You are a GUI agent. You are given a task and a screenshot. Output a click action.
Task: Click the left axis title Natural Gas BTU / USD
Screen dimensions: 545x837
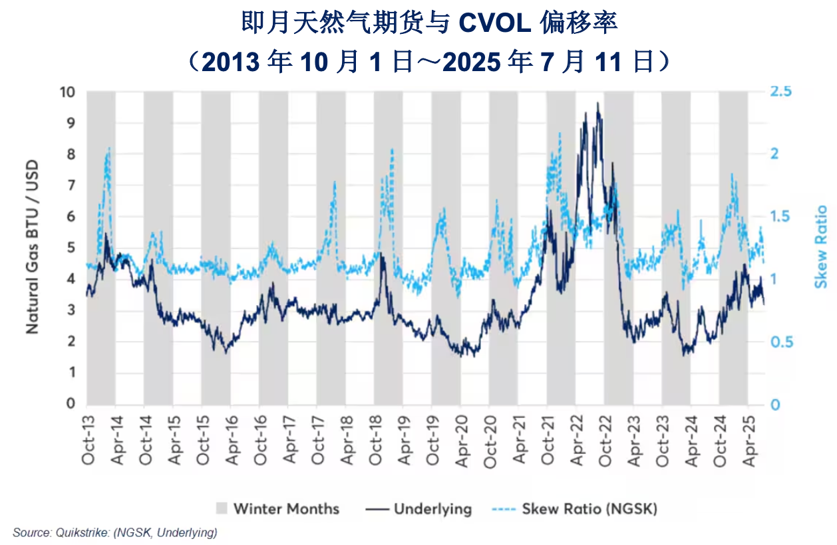pos(32,247)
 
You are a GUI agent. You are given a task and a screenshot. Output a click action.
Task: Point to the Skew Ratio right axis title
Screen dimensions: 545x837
pos(822,247)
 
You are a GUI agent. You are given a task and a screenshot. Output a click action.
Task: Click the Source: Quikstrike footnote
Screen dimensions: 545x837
pos(114,532)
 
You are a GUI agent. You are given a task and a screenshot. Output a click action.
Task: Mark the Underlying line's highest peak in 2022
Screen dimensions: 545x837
pos(598,103)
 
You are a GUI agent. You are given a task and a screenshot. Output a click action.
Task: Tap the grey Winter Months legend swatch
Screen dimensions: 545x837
pos(222,509)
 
